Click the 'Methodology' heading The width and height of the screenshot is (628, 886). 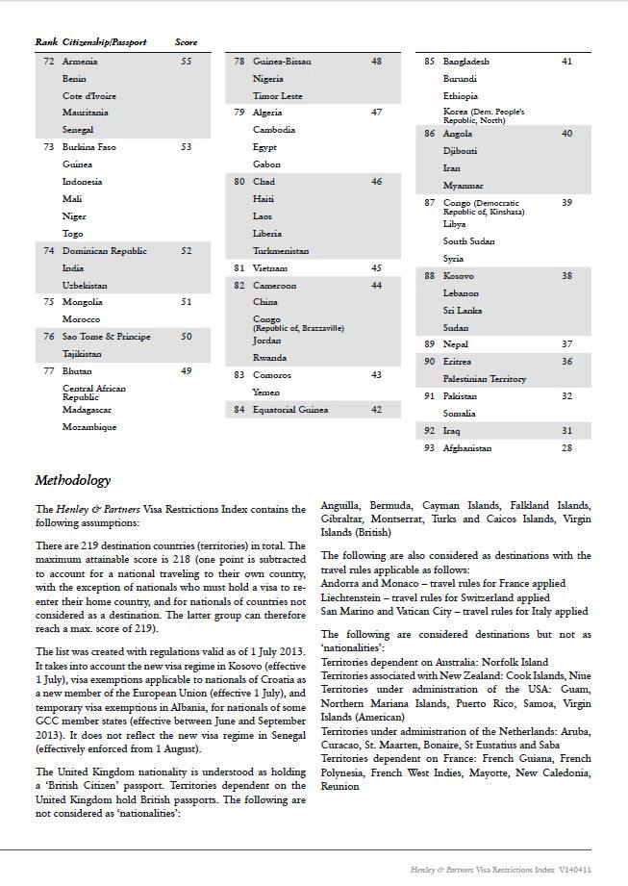click(72, 480)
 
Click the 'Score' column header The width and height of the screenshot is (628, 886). click(186, 42)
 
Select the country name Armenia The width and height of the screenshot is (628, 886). click(80, 62)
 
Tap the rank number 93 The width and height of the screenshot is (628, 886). click(429, 448)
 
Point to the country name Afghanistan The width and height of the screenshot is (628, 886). click(466, 448)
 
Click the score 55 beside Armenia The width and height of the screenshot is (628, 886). click(186, 62)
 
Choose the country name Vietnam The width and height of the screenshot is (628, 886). click(269, 268)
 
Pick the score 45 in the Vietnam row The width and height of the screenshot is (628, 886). click(376, 268)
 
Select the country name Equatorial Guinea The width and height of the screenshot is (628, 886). click(289, 410)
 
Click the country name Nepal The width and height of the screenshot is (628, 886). click(456, 344)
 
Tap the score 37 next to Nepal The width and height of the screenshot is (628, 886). click(566, 344)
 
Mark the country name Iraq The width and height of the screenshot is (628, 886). click(452, 431)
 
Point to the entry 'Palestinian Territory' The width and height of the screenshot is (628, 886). click(484, 379)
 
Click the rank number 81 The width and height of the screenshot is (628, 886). click(239, 268)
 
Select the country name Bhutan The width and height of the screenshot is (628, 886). click(78, 371)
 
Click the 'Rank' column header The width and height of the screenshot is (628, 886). click(45, 42)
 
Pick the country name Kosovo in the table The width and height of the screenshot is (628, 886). click(458, 276)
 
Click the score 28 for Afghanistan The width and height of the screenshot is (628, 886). click(566, 448)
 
